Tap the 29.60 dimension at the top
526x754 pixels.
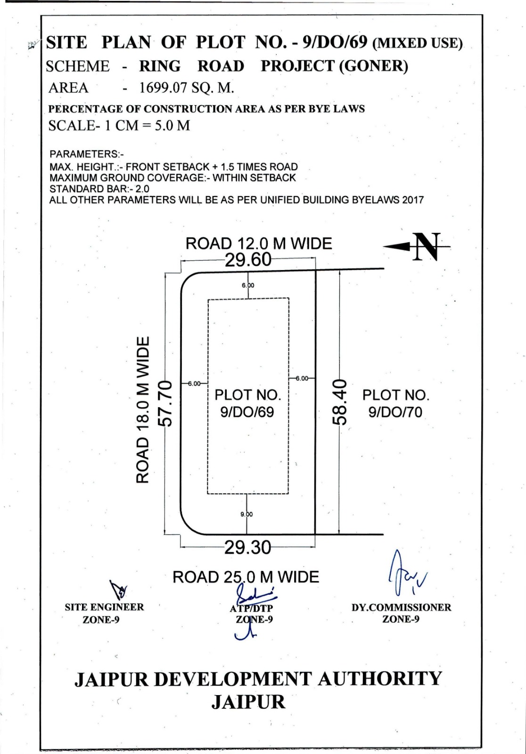(248, 260)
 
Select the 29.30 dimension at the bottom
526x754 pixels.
(247, 548)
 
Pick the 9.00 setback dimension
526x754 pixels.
(247, 514)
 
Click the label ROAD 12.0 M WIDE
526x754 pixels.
(259, 243)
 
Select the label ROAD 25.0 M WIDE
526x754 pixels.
(246, 577)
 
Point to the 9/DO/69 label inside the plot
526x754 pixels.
(247, 412)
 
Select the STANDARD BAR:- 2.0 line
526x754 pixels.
(99, 188)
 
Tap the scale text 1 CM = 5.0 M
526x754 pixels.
(148, 125)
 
